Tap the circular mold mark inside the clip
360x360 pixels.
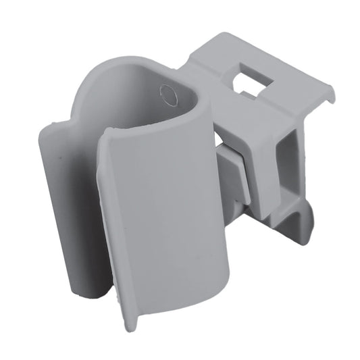[x=168, y=95]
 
